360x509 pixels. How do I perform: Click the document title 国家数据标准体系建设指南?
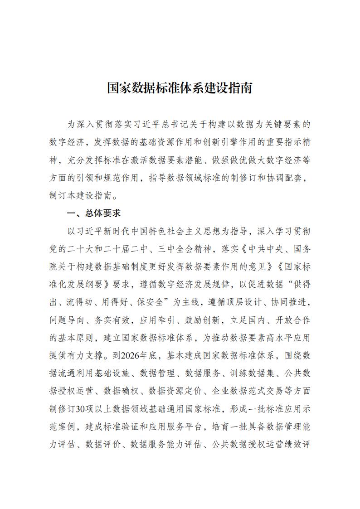180,88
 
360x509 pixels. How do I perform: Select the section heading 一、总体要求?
93,213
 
